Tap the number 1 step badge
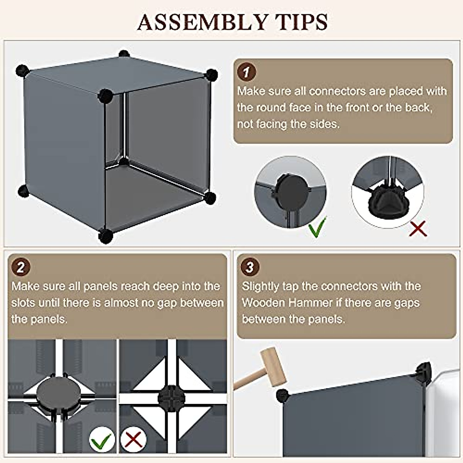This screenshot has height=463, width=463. coord(247,72)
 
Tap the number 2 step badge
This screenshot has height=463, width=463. coord(21,267)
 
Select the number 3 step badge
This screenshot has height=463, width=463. coord(250,267)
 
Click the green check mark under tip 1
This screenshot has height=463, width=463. coord(317,227)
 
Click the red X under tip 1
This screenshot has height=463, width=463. coord(418,228)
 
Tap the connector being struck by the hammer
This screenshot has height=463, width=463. coord(282,395)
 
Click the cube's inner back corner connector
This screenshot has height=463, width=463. coord(124,161)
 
